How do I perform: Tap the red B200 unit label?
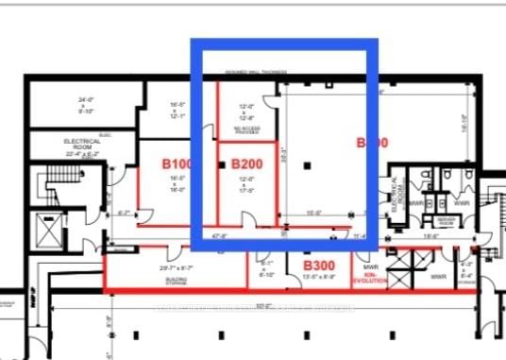pos(246,163)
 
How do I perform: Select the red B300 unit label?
pos(321,266)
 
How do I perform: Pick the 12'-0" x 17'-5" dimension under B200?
pos(246,185)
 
